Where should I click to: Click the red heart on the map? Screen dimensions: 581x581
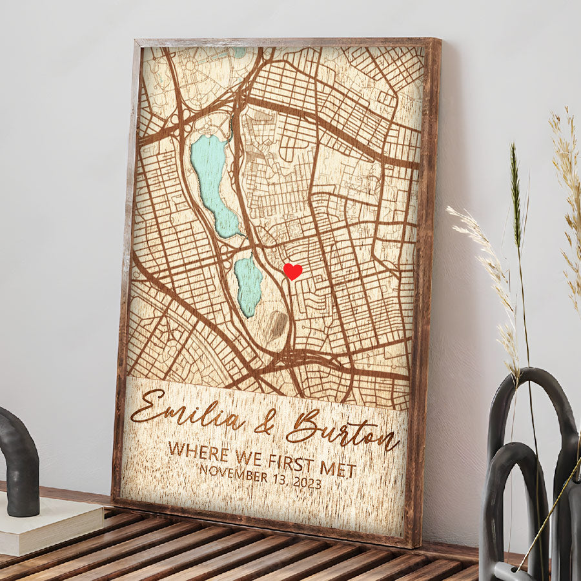tap(292, 271)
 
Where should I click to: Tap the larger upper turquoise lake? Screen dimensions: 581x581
tap(212, 181)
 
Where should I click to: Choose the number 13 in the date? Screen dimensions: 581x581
tap(280, 479)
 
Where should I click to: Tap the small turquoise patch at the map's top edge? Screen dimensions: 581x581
tap(240, 52)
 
